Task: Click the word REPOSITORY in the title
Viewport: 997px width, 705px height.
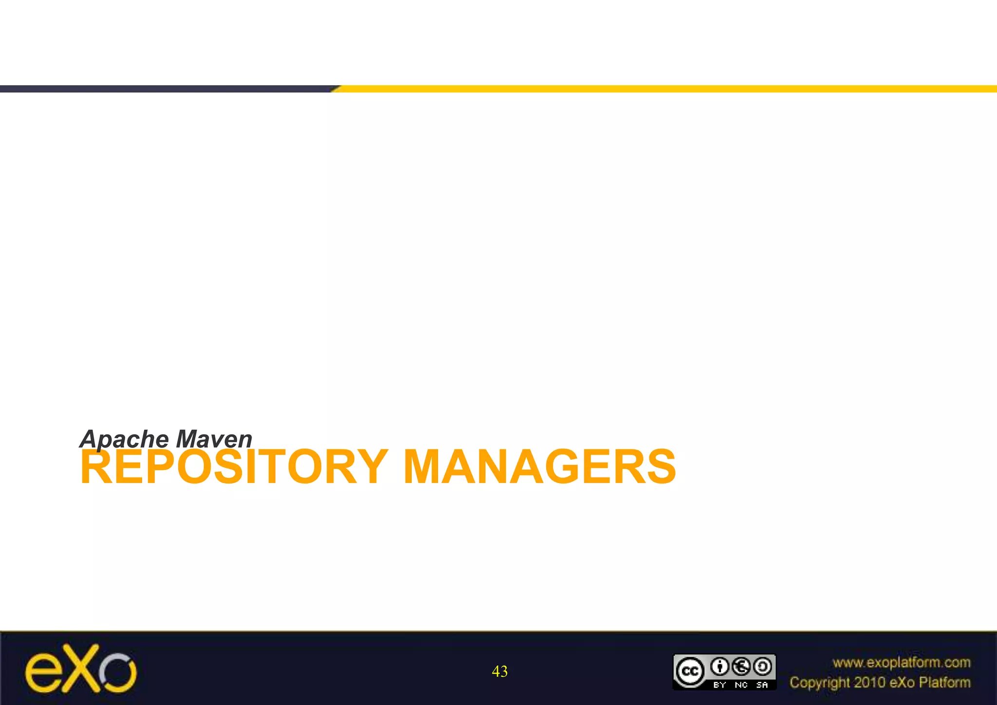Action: [x=234, y=467]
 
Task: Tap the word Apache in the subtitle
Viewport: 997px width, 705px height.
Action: [x=124, y=439]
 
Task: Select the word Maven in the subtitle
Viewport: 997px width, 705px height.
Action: [x=214, y=439]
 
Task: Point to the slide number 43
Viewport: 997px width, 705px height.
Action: [x=499, y=671]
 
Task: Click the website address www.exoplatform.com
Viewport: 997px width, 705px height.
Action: [x=901, y=663]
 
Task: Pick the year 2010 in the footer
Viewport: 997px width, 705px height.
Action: [x=870, y=683]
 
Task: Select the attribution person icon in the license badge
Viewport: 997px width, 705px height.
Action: [x=720, y=667]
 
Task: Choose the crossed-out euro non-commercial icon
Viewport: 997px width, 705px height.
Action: [x=741, y=667]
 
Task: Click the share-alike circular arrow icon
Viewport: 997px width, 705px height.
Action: [x=762, y=667]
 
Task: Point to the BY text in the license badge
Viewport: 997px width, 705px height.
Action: [x=720, y=685]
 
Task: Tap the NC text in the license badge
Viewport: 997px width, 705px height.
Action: [x=741, y=685]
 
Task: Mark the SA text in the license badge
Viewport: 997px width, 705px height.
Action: [x=762, y=685]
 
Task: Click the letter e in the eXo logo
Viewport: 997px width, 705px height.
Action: [x=43, y=674]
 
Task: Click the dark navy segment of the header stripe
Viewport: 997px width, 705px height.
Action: [x=166, y=89]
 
